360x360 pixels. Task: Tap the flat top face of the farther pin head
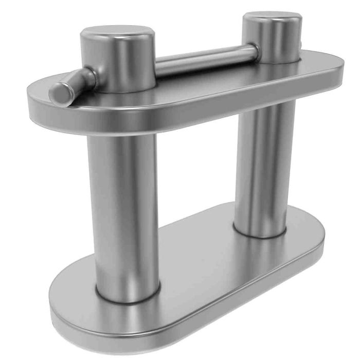(272, 19)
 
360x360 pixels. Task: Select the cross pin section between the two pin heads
(206, 60)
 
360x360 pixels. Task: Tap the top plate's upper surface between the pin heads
(201, 85)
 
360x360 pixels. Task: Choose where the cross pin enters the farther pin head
(254, 50)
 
